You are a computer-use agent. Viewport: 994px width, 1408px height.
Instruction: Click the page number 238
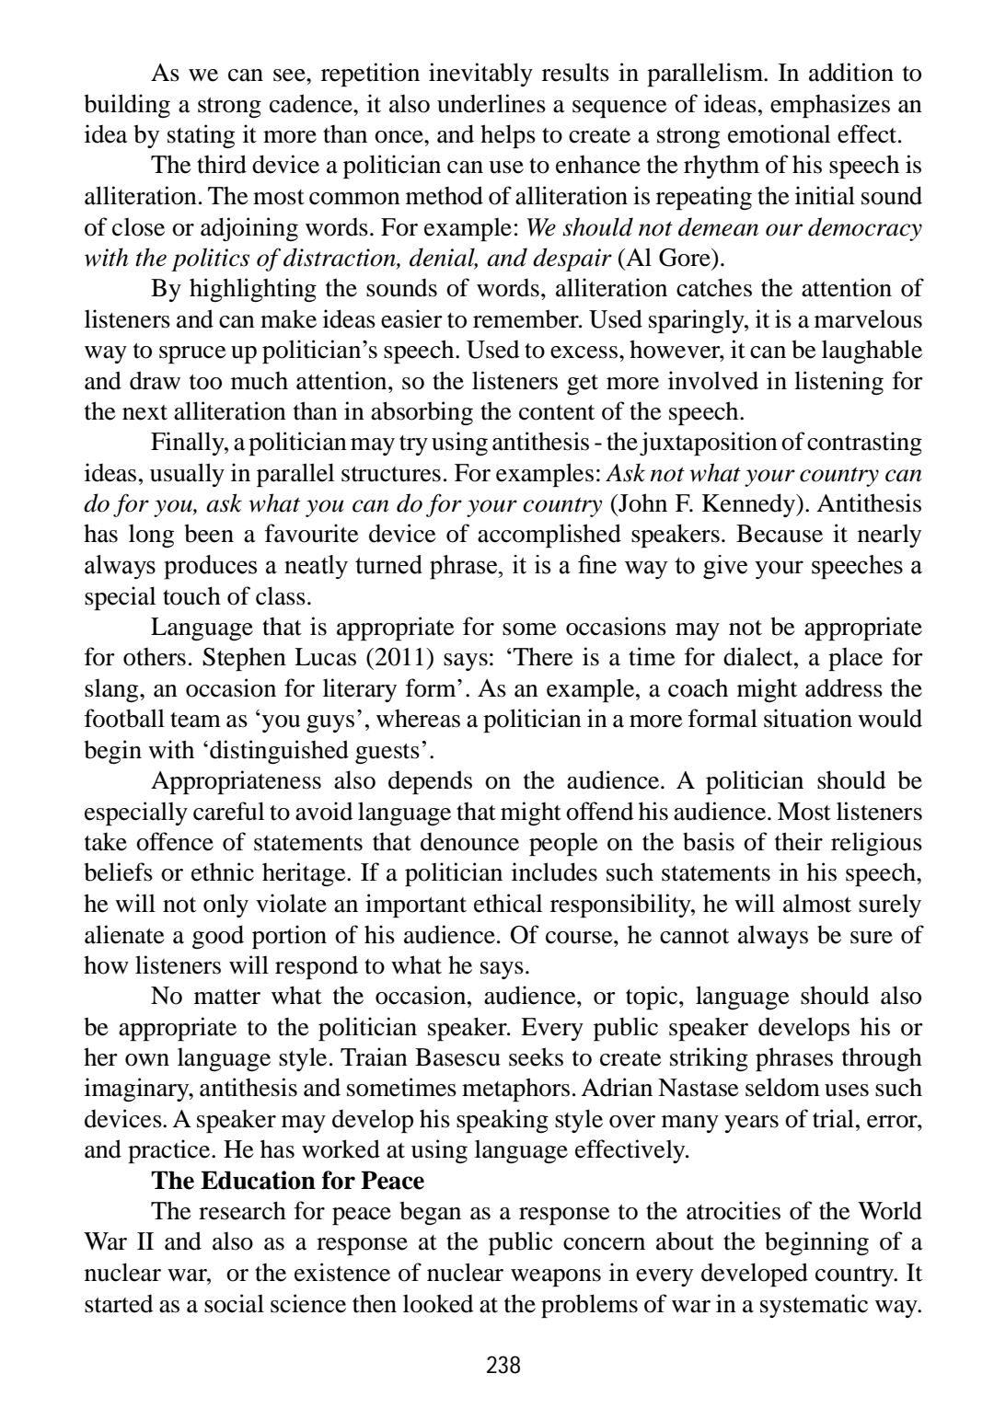tap(503, 1365)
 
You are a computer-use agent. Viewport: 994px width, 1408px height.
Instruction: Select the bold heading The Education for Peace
tap(288, 1181)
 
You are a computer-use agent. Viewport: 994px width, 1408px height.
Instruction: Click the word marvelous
tap(866, 319)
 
